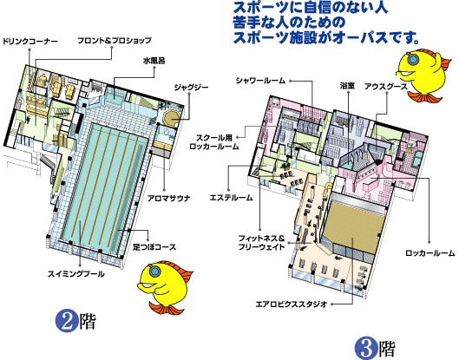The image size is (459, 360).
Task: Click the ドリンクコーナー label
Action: pos(30,42)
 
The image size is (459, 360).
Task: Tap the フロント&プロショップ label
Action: pos(115,41)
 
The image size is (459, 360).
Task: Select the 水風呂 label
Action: pos(154,61)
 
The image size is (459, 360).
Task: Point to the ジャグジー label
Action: pos(192,88)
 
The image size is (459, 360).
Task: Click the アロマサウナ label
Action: pos(169,198)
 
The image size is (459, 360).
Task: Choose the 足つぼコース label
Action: pos(154,246)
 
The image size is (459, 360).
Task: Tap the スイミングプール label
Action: pos(76,274)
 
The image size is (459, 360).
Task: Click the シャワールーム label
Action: pos(261,81)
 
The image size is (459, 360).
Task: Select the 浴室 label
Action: pos(348,86)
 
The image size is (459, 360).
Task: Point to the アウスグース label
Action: pos(386,87)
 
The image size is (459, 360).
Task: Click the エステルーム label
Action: pos(232,198)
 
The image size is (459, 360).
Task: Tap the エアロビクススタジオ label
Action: pos(292,304)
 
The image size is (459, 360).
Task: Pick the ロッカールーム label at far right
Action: pos(430,253)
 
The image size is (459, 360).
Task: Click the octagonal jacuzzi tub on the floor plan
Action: pos(171,118)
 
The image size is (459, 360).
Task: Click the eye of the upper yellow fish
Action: pos(413,60)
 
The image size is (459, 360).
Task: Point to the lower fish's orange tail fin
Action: pos(167,308)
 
